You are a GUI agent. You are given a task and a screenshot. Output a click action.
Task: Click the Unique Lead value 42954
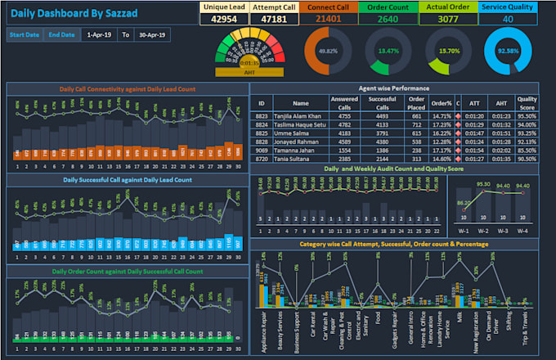224,19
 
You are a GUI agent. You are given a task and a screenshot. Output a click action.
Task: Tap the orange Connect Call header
329,7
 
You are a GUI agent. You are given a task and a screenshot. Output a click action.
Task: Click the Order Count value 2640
388,19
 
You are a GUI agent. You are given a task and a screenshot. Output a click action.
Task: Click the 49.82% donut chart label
327,51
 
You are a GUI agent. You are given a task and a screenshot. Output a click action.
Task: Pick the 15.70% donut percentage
449,51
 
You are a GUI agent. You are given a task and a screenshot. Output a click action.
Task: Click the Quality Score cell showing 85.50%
527,151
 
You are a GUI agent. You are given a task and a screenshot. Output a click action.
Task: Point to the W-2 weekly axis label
484,232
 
